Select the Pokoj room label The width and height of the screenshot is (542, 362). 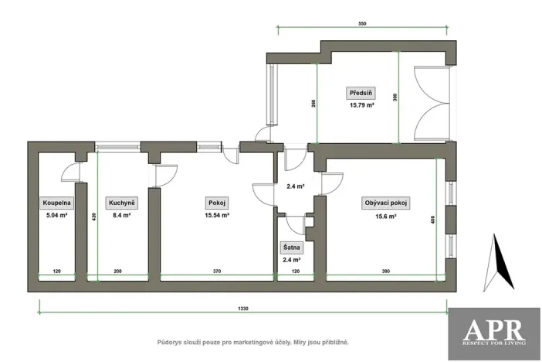[215, 203]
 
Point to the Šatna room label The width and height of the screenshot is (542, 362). [292, 248]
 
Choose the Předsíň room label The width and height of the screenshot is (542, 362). [360, 93]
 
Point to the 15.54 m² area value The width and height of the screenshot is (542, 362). [215, 216]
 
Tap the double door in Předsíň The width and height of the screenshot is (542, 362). [434, 103]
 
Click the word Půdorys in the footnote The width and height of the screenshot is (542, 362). [172, 341]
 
